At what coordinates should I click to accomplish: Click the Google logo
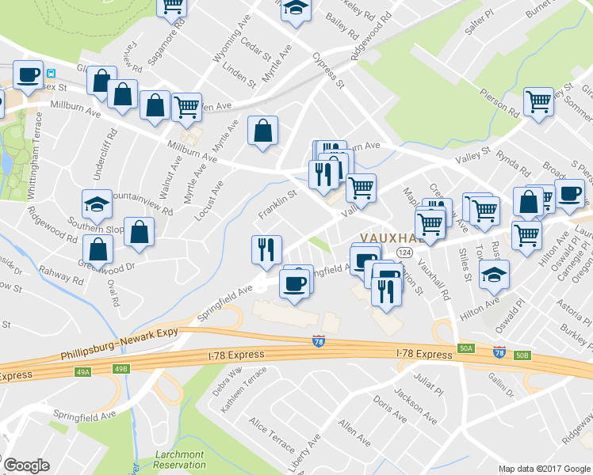coord(26,465)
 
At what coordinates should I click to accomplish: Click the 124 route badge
coord(404,252)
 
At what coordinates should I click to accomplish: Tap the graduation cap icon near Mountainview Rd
coord(97,205)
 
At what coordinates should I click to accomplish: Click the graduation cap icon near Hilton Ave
coord(495,274)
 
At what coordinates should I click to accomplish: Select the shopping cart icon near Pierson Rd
coord(538,102)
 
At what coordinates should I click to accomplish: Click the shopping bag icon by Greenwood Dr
coord(98,249)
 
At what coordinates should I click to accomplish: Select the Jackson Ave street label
coord(415,405)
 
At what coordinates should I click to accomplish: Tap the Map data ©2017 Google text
coord(545,469)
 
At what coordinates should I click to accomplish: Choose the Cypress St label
coord(327,70)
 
